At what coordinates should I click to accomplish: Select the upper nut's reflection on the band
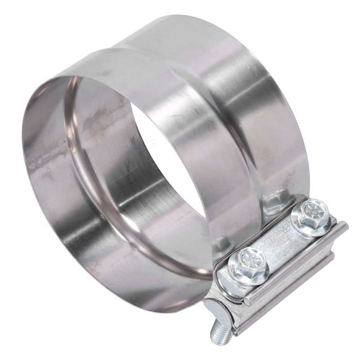(277, 202)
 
